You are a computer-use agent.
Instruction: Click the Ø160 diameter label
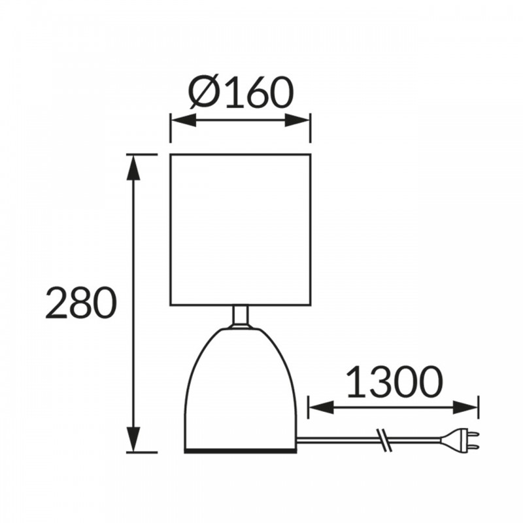pos(241,93)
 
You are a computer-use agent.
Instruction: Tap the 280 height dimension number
pos(81,302)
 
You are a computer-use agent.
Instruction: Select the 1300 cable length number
pos(394,382)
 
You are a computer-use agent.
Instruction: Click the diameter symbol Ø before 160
pos(203,93)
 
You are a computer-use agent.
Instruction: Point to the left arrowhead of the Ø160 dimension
pos(183,120)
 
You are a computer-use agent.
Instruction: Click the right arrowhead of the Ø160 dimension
pos(298,120)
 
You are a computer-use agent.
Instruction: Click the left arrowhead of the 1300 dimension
pos(321,407)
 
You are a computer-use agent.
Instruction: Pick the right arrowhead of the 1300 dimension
pos(465,407)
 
